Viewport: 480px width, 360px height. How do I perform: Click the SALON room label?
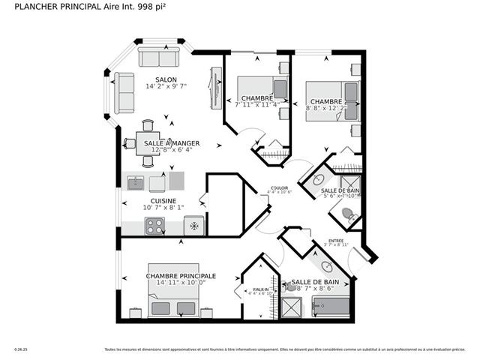click(x=166, y=79)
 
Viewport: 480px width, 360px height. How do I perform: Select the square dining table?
click(x=148, y=142)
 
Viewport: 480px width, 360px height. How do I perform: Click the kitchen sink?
click(x=136, y=183)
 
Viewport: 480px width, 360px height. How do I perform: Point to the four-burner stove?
click(x=155, y=225)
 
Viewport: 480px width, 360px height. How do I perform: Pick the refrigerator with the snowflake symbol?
click(x=194, y=225)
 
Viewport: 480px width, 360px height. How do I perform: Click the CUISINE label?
click(x=163, y=200)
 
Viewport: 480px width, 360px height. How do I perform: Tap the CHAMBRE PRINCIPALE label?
click(x=181, y=276)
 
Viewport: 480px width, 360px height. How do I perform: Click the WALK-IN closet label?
click(x=260, y=289)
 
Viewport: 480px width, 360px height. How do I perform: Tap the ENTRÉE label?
click(x=336, y=241)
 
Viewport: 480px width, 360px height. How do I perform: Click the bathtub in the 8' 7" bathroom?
click(x=331, y=306)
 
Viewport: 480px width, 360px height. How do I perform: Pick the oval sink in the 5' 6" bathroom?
click(x=318, y=180)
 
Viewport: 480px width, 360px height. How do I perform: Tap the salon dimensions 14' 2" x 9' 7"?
click(x=166, y=87)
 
